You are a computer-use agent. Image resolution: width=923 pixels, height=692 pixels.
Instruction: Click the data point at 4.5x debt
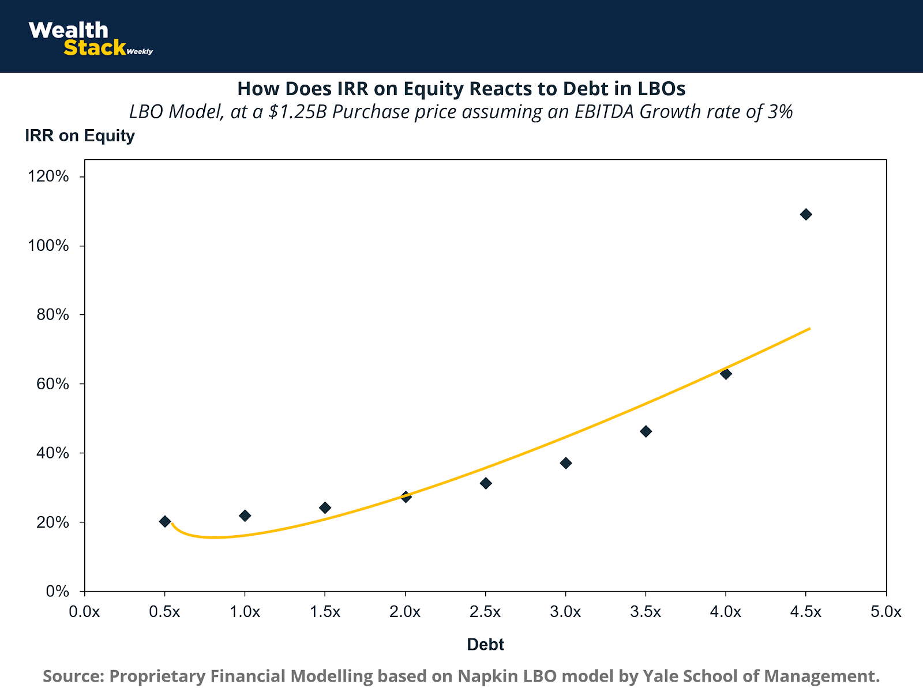tap(806, 215)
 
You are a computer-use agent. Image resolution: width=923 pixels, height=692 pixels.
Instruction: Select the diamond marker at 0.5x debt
tap(165, 521)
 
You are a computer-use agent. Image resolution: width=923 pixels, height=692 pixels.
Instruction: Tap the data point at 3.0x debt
tap(566, 463)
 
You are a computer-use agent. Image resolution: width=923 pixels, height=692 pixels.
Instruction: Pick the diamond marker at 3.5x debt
tap(646, 431)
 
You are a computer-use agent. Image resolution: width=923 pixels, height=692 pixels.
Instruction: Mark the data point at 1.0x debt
tap(245, 516)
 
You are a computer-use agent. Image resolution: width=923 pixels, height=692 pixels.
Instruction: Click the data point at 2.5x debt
tap(486, 483)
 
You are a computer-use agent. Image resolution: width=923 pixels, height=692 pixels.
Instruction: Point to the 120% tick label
tap(48, 176)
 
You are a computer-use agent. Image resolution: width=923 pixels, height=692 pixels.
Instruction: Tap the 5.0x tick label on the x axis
tap(886, 612)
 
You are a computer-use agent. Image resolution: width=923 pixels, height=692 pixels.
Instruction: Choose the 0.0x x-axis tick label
tap(84, 612)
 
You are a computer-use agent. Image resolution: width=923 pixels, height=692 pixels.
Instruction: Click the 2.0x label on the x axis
tap(405, 612)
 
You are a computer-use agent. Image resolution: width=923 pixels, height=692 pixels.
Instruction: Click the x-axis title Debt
tap(486, 645)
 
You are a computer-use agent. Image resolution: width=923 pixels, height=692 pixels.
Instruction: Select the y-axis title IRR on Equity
tap(80, 136)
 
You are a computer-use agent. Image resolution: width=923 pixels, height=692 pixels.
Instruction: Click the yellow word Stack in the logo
tap(94, 48)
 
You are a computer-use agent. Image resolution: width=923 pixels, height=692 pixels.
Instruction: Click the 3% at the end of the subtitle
tap(780, 111)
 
